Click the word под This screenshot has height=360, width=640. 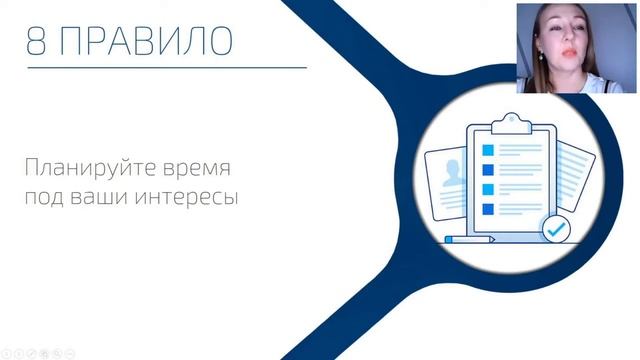click(47, 195)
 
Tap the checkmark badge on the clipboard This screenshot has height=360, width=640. click(555, 229)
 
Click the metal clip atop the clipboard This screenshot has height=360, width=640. click(510, 121)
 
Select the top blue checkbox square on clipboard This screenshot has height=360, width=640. click(489, 149)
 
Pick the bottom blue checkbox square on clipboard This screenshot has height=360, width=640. click(489, 209)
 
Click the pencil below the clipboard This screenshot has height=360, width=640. click(470, 240)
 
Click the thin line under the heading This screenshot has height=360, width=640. click(166, 68)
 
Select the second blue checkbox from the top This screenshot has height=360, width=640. click(489, 169)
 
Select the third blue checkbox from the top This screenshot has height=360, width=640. click(489, 189)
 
